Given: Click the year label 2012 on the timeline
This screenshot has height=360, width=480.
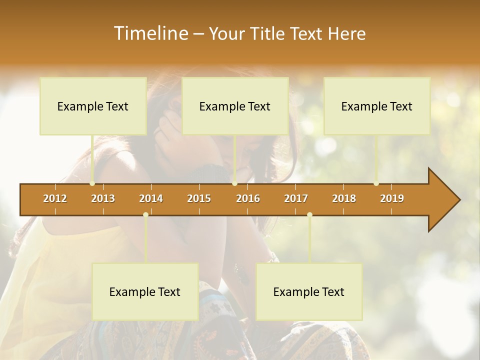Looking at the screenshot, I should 55,198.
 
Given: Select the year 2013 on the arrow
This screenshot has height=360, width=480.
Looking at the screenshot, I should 103,198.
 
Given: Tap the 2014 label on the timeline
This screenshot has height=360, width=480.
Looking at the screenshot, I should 151,198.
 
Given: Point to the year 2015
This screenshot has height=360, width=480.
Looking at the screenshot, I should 199,198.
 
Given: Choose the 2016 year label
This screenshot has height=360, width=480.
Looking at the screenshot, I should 248,198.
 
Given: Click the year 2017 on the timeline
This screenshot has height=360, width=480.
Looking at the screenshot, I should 296,198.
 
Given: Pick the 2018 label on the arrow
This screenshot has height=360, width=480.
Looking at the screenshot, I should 344,198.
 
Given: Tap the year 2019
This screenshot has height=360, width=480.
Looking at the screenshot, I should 392,198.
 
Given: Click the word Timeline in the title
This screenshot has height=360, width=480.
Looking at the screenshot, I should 150,33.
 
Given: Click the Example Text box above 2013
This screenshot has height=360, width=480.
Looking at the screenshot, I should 93,106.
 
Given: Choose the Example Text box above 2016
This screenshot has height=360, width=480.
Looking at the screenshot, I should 235,106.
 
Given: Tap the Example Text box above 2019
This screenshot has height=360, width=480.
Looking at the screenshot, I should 377,106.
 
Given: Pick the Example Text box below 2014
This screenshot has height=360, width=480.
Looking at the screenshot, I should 145,292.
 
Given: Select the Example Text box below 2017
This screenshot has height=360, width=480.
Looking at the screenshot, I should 309,292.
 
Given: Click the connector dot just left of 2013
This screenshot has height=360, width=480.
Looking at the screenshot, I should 92,183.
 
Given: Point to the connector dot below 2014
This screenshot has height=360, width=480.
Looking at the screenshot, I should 145,215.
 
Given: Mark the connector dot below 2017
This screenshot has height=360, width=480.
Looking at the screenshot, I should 309,215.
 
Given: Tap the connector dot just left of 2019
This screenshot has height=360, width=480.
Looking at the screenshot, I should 376,183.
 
